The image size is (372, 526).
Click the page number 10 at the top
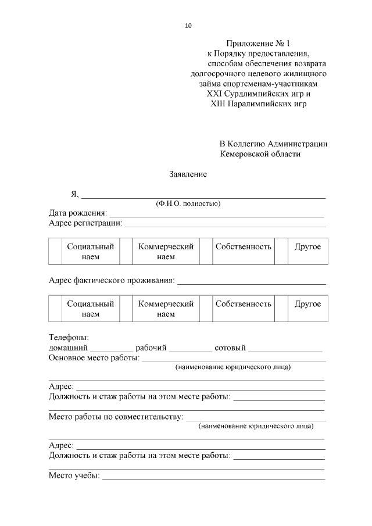(188, 26)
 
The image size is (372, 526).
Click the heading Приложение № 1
(257, 44)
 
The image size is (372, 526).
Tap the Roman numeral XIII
(218, 104)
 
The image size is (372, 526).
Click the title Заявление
(188, 174)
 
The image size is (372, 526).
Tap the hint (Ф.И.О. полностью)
(187, 203)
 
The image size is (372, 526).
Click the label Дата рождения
(78, 213)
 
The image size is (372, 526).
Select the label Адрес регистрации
(85, 223)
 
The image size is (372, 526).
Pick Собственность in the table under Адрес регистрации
(243, 246)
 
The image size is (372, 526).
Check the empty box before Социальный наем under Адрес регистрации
(55, 252)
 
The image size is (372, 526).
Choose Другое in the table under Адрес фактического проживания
(307, 304)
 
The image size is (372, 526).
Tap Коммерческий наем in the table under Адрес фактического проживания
(166, 309)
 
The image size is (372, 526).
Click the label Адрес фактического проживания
(112, 281)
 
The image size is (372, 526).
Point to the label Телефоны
(69, 337)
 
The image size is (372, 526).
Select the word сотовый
(230, 348)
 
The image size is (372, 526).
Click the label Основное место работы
(94, 358)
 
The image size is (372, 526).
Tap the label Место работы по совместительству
(116, 417)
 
